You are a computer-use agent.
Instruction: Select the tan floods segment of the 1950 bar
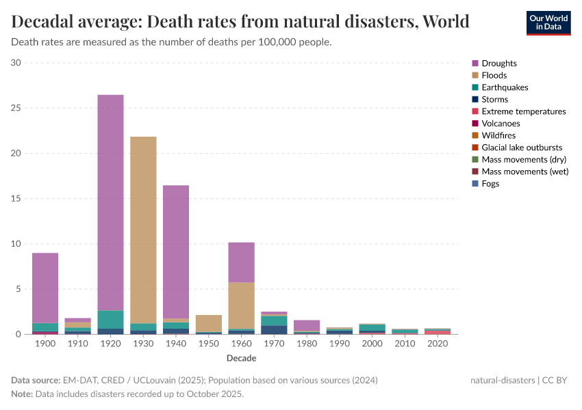tap(209, 323)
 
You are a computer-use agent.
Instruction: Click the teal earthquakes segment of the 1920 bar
tap(110, 320)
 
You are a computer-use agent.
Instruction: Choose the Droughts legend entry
tap(498, 64)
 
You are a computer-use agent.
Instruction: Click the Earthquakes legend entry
tap(504, 87)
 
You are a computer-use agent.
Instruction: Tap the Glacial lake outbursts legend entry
tap(522, 148)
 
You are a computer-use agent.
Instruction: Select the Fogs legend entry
tap(491, 184)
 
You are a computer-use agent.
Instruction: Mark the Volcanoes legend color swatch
tap(475, 124)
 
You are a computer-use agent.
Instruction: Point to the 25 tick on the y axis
tap(16, 108)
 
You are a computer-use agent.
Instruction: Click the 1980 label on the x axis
tap(307, 344)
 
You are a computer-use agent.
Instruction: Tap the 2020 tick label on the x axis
tap(438, 344)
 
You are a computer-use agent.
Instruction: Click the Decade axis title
tap(241, 358)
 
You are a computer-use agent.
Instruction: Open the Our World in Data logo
tap(548, 23)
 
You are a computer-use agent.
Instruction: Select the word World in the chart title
tap(446, 21)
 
